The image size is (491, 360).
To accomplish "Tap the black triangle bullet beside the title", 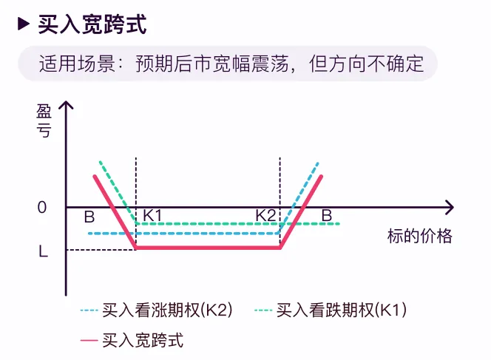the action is click(x=24, y=24).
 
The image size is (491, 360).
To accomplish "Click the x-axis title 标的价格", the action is click(x=419, y=237).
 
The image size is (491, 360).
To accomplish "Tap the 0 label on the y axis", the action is click(x=42, y=207).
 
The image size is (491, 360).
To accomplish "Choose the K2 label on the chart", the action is click(x=266, y=216).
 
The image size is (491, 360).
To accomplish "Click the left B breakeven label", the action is click(x=89, y=217).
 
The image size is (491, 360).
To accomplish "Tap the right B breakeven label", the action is click(x=327, y=215).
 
